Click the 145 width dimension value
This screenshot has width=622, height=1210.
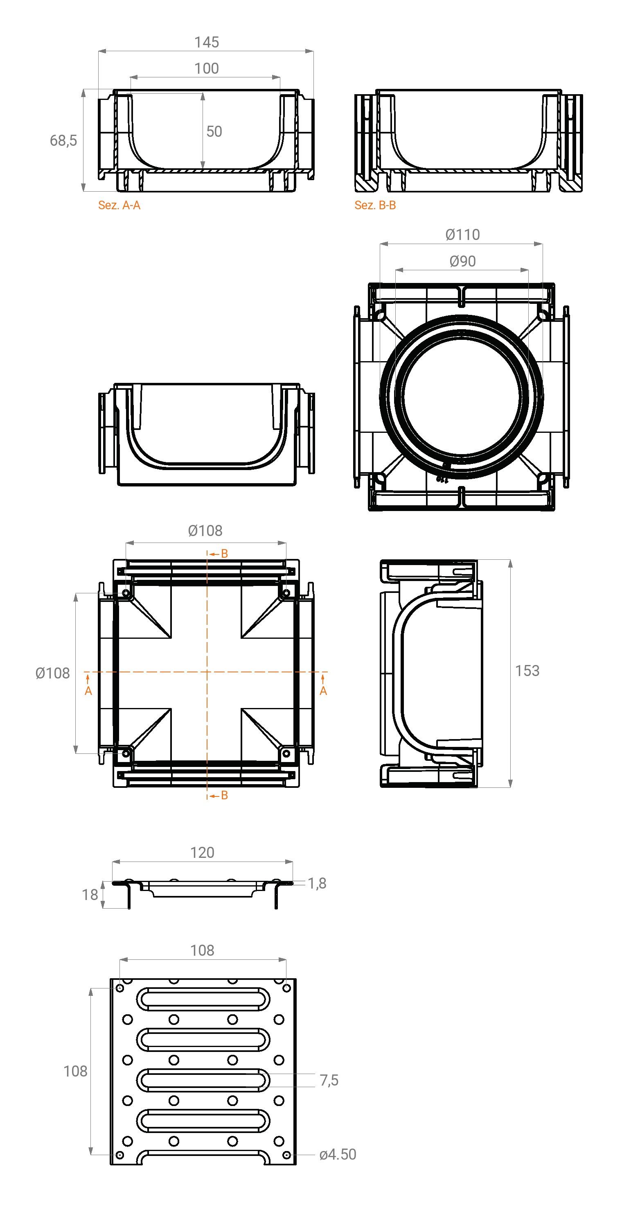tap(207, 42)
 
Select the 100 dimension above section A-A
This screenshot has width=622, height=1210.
tap(207, 68)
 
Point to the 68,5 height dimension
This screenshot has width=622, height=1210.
tap(63, 140)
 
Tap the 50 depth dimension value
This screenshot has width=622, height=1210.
tap(214, 131)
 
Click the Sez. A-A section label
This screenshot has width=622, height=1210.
tap(119, 205)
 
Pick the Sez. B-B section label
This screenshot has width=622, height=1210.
tap(375, 205)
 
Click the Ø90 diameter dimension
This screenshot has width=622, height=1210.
tap(462, 261)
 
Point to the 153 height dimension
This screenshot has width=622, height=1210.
tap(527, 671)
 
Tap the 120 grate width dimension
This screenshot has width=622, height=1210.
tap(202, 853)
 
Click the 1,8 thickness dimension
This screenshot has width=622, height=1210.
tap(317, 884)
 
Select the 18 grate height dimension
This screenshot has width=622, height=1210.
tap(90, 895)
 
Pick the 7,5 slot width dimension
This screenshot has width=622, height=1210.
tap(329, 1080)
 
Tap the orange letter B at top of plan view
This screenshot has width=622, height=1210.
tap(224, 554)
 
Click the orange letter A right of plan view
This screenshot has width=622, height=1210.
tap(323, 691)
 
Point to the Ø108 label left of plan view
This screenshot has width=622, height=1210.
tap(52, 674)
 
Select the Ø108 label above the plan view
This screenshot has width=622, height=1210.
tap(205, 531)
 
